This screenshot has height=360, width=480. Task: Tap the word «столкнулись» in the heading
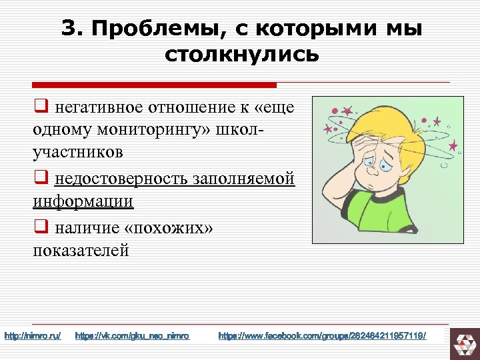pyautogui.click(x=241, y=54)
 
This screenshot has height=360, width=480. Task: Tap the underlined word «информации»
pyautogui.click(x=83, y=201)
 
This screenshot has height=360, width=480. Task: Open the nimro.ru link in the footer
pyautogui.click(x=33, y=335)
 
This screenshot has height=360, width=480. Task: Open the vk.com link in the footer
pyautogui.click(x=133, y=335)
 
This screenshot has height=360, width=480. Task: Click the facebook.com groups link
pyautogui.click(x=322, y=335)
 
